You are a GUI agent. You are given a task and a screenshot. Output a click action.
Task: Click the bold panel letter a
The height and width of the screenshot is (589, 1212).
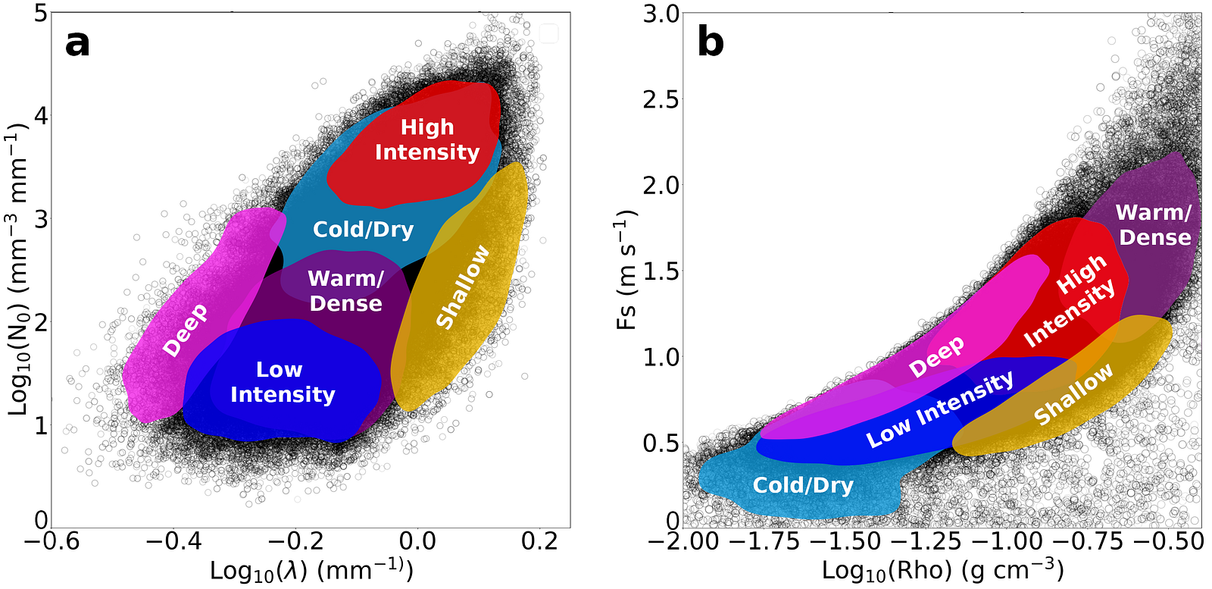point(77,42)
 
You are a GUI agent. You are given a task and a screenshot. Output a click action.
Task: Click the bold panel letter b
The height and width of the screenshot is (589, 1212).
point(711,42)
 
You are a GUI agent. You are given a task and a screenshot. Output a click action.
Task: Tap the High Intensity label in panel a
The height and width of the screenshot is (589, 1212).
point(427,139)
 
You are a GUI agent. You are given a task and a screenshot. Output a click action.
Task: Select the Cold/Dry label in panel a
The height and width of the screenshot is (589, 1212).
point(364,230)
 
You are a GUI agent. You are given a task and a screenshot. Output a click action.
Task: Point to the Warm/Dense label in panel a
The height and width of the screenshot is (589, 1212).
point(346,291)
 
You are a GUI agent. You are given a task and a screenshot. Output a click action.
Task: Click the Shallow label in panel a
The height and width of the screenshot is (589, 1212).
point(463,287)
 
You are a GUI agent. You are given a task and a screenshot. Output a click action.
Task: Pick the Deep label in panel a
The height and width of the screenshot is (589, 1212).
point(186,330)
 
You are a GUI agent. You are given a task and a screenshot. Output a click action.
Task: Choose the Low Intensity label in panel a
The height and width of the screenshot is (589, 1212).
point(283,382)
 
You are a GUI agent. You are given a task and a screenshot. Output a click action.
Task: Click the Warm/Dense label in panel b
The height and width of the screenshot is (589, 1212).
point(1154,225)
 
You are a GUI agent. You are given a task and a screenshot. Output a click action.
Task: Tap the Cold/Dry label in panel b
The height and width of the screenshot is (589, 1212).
point(803,485)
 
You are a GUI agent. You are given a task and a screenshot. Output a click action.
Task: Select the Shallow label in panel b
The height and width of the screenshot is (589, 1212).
point(1073,393)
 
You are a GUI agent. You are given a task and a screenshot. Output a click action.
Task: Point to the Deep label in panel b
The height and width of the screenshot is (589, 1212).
point(937,356)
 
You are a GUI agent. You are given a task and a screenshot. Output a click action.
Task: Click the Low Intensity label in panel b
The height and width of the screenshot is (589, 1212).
point(940,409)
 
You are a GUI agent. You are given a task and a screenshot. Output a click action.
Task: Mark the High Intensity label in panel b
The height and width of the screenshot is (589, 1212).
point(1069,302)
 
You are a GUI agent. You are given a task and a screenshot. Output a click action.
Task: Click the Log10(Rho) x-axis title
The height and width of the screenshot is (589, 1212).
point(943,571)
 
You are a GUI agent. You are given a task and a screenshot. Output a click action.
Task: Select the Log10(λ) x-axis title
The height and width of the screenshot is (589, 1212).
point(311,571)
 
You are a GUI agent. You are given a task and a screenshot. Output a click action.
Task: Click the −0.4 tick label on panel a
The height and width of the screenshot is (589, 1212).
point(173,541)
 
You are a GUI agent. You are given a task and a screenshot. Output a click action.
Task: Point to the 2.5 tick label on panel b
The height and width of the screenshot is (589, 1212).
point(661,99)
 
